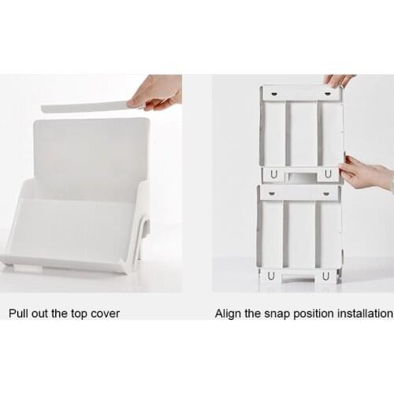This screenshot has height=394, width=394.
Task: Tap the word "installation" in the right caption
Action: (x=363, y=314)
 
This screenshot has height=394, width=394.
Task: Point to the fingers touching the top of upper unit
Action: (x=340, y=80)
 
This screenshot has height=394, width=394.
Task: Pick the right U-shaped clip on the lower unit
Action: (x=325, y=276)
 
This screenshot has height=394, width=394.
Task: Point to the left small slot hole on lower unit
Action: (x=272, y=191)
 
